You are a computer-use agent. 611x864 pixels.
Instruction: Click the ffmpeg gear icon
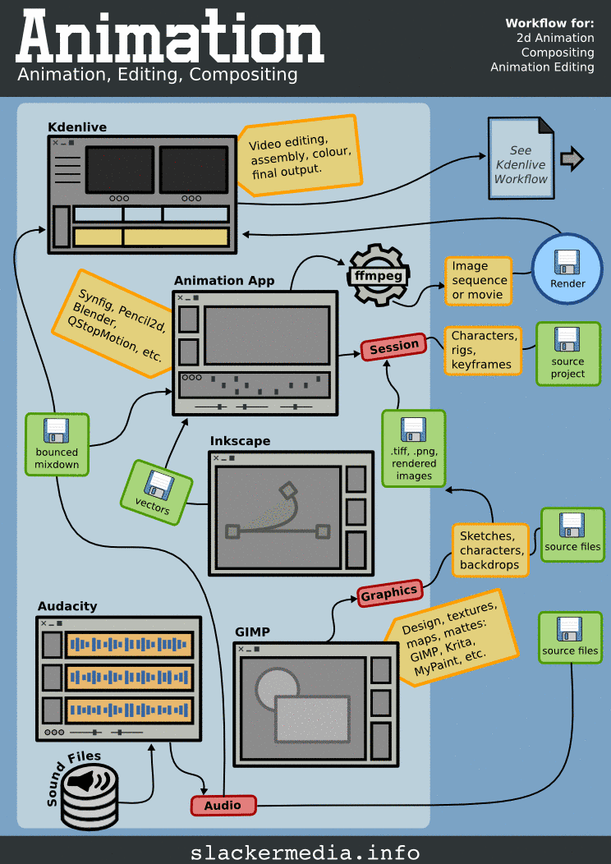tap(379, 276)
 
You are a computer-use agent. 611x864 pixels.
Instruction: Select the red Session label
tap(394, 347)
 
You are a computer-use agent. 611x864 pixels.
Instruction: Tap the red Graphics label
tap(389, 592)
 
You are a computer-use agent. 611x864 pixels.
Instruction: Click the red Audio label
tap(223, 806)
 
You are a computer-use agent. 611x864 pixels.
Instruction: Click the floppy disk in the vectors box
tap(157, 486)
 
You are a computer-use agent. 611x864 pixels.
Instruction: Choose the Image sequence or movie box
tap(480, 281)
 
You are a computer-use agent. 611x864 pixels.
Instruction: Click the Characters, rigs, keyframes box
tap(485, 350)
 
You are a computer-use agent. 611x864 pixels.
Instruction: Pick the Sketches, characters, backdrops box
tap(489, 549)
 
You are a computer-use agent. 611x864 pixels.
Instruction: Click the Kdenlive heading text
tap(77, 127)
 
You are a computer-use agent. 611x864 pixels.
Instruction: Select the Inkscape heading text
tap(240, 442)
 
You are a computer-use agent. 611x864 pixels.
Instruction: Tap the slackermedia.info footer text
tap(305, 852)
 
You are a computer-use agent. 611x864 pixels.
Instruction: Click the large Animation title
tap(169, 39)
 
